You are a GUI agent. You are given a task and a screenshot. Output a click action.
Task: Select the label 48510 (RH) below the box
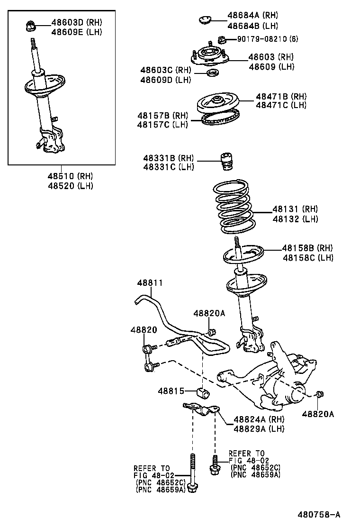pos(70,176)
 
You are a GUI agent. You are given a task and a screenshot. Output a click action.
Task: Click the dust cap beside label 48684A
pos(205,19)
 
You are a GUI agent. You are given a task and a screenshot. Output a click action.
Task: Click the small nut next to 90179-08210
pos(221,39)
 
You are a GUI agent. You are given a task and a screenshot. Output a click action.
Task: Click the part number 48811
pos(150,283)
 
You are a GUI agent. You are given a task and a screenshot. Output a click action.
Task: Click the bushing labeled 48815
pos(203,392)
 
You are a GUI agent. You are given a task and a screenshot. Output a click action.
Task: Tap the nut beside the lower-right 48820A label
pos(320,394)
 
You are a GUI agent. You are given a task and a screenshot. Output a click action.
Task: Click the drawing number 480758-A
pos(319,515)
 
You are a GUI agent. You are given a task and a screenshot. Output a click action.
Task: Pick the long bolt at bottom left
pos(192,474)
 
